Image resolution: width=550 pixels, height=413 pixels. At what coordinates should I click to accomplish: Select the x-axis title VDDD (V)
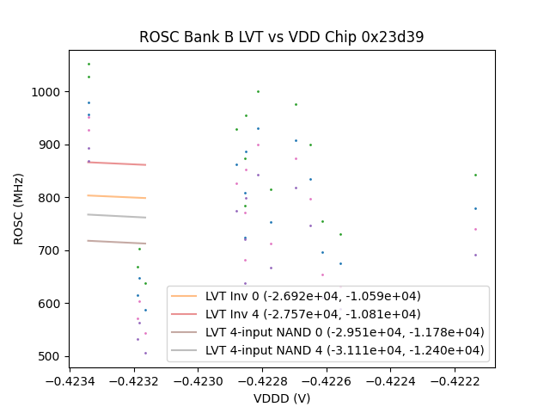[x=282, y=398]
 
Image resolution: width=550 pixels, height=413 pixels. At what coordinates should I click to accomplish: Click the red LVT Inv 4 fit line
[x=116, y=163]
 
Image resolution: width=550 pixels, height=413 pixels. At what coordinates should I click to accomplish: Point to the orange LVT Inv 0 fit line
[x=116, y=197]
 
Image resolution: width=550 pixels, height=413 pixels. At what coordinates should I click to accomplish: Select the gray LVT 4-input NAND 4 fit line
[x=116, y=216]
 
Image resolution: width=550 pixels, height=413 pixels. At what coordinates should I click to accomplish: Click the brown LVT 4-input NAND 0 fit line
[x=116, y=242]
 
